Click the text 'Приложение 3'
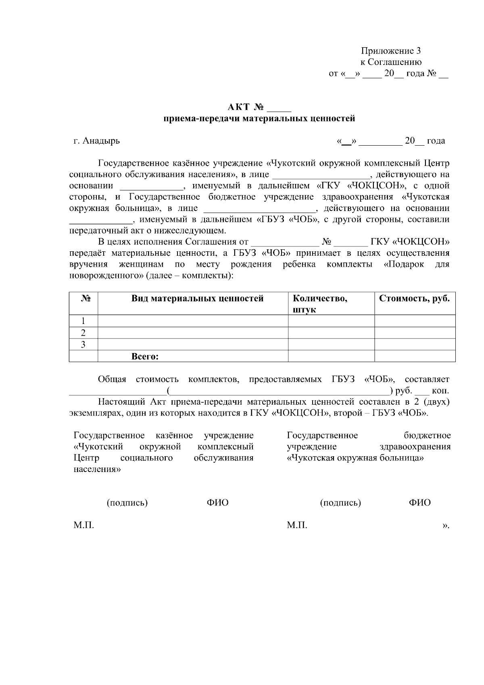click(390, 51)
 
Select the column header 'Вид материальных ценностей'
click(197, 299)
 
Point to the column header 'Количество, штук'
click(320, 304)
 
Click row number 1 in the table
click(83, 321)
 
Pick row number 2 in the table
click(83, 333)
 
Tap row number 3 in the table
click(83, 345)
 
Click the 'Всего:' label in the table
click(145, 357)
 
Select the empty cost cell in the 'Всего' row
click(415, 357)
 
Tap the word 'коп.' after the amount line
click(440, 391)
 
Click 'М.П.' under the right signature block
click(297, 525)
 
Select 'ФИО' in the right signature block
click(419, 503)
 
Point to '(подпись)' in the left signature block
click(127, 503)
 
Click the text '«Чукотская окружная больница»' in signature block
click(355, 458)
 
